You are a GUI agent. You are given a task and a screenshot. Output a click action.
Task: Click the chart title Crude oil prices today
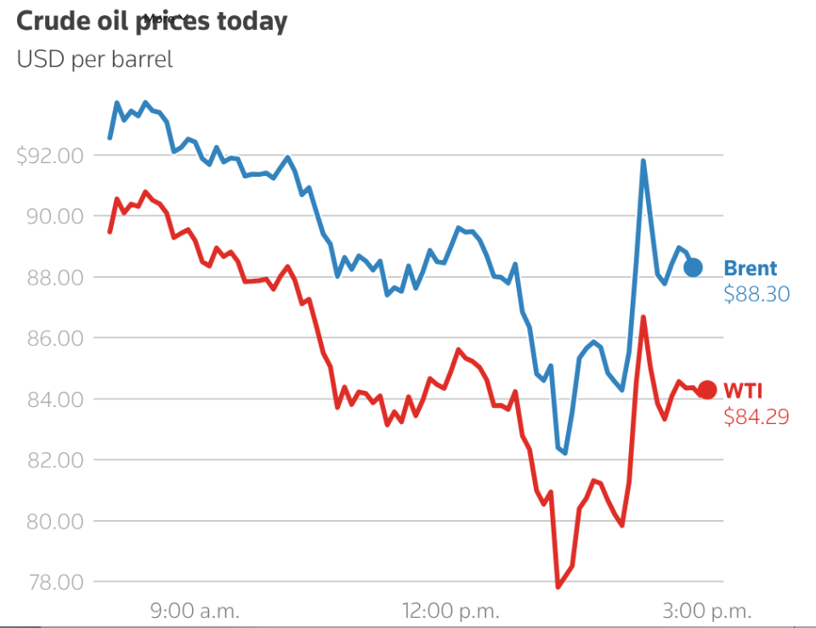[151, 22]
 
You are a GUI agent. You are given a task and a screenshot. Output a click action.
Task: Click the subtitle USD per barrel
[94, 60]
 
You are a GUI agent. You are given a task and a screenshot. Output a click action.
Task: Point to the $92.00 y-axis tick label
[50, 156]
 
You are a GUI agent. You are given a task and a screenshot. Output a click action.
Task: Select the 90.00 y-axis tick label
[54, 217]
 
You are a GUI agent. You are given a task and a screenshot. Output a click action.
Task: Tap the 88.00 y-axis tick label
[54, 278]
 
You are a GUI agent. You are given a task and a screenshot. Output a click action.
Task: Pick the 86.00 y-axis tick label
[54, 338]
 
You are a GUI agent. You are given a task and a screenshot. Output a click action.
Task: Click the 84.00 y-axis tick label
[54, 399]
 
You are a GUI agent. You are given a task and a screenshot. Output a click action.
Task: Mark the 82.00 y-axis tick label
[54, 461]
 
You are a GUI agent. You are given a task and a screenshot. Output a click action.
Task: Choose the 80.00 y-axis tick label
[54, 521]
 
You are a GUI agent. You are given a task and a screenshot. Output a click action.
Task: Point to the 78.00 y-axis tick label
[54, 582]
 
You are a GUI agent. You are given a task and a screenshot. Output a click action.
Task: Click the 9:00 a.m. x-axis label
[195, 610]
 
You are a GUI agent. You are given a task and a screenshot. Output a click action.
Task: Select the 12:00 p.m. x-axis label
[450, 610]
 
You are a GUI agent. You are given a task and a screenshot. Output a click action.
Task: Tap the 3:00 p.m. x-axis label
[707, 610]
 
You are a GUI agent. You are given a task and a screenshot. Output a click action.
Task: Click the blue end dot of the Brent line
[694, 268]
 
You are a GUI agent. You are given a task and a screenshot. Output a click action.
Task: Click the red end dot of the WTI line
[707, 391]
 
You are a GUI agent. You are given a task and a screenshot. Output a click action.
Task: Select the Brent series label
[750, 269]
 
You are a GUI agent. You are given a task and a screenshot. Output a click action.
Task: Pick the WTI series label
[743, 391]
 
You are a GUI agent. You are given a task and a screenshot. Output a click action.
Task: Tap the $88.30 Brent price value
[756, 295]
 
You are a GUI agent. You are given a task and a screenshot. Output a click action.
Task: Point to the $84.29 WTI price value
[756, 417]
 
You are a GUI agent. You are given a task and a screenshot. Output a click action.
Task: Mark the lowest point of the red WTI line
[558, 586]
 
